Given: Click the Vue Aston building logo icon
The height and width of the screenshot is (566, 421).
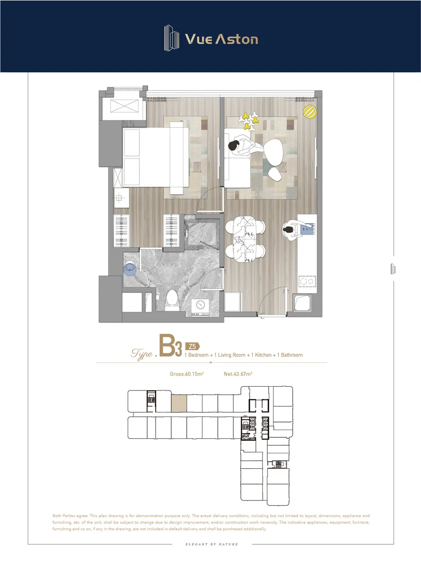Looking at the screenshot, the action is point(172,38).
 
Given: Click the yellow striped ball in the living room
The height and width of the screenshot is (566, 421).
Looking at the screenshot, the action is point(310,112).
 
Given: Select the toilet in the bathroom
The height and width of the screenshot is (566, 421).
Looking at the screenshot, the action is point(172,300).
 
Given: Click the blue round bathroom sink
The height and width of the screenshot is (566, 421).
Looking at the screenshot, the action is point(130,268).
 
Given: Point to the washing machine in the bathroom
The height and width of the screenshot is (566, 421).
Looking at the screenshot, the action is point(200,307).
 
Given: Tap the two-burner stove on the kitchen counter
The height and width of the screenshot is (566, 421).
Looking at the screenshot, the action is point(307,281).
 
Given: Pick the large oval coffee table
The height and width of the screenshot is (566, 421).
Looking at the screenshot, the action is point(273,152).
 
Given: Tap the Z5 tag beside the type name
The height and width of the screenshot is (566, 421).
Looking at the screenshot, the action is point(192,346).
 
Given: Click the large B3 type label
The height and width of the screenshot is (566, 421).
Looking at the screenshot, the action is point(170,346).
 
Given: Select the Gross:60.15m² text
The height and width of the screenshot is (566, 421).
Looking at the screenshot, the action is point(187,374).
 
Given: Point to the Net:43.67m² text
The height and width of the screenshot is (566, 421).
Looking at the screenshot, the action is point(238,374).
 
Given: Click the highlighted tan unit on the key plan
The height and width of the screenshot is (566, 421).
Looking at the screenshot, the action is point(179,403).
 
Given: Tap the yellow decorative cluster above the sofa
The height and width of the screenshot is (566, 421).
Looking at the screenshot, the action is point(249,121).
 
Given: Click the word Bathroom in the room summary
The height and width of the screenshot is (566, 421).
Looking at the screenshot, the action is point(292,355).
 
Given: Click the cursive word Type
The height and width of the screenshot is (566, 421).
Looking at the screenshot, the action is point(142,354).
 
